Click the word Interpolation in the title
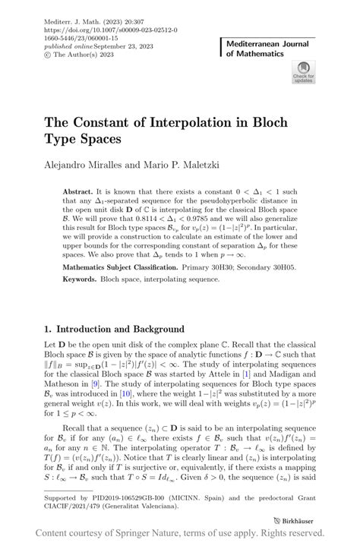188,122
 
